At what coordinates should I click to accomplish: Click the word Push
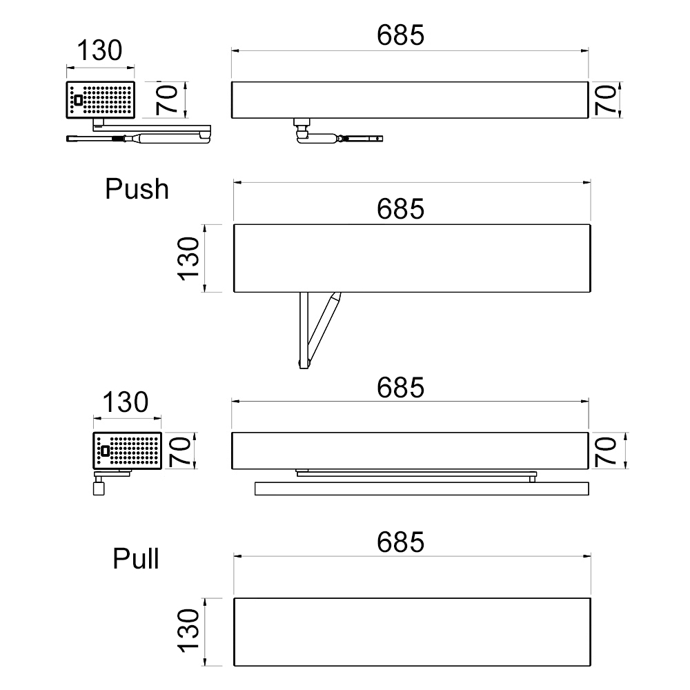point(137,188)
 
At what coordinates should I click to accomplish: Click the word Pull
point(136,559)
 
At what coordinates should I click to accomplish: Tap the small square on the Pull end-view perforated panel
point(105,451)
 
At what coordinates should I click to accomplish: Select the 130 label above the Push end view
point(99,50)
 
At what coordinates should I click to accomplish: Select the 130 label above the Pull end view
point(126,402)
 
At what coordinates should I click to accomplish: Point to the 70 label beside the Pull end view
point(180,451)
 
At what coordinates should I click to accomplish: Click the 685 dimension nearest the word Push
point(400,208)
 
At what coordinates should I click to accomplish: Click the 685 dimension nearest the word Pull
point(400,542)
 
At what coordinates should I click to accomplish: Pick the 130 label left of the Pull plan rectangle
point(189,631)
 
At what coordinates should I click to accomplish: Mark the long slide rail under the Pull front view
point(422,489)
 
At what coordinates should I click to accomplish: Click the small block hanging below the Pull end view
point(96,487)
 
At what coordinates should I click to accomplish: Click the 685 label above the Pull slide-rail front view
point(400,388)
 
